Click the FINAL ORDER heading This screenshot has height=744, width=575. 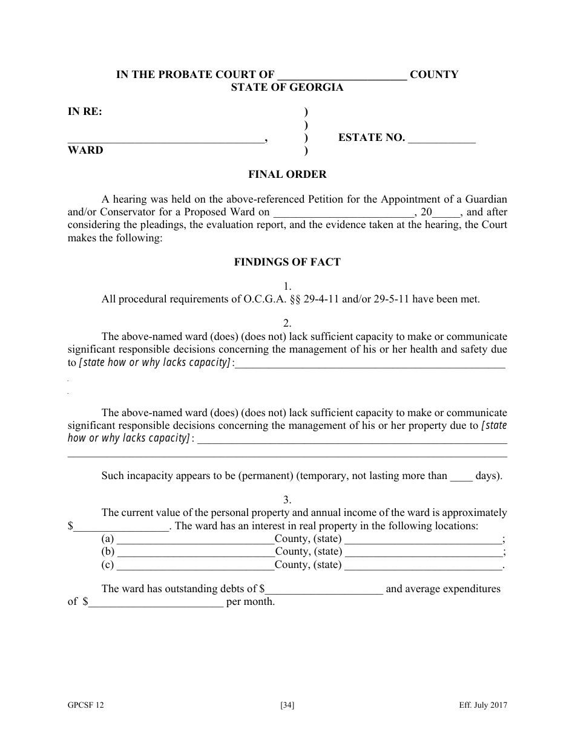tap(287, 174)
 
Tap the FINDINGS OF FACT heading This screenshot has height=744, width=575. tap(287, 262)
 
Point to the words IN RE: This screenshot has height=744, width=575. tap(85, 111)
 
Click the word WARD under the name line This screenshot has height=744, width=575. tap(85, 150)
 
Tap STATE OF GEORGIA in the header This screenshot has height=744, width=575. tap(287, 87)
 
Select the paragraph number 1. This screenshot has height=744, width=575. tap(287, 286)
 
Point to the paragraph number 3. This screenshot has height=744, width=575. tap(287, 500)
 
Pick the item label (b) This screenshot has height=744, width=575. tap(108, 552)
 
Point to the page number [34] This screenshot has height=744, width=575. tap(287, 705)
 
